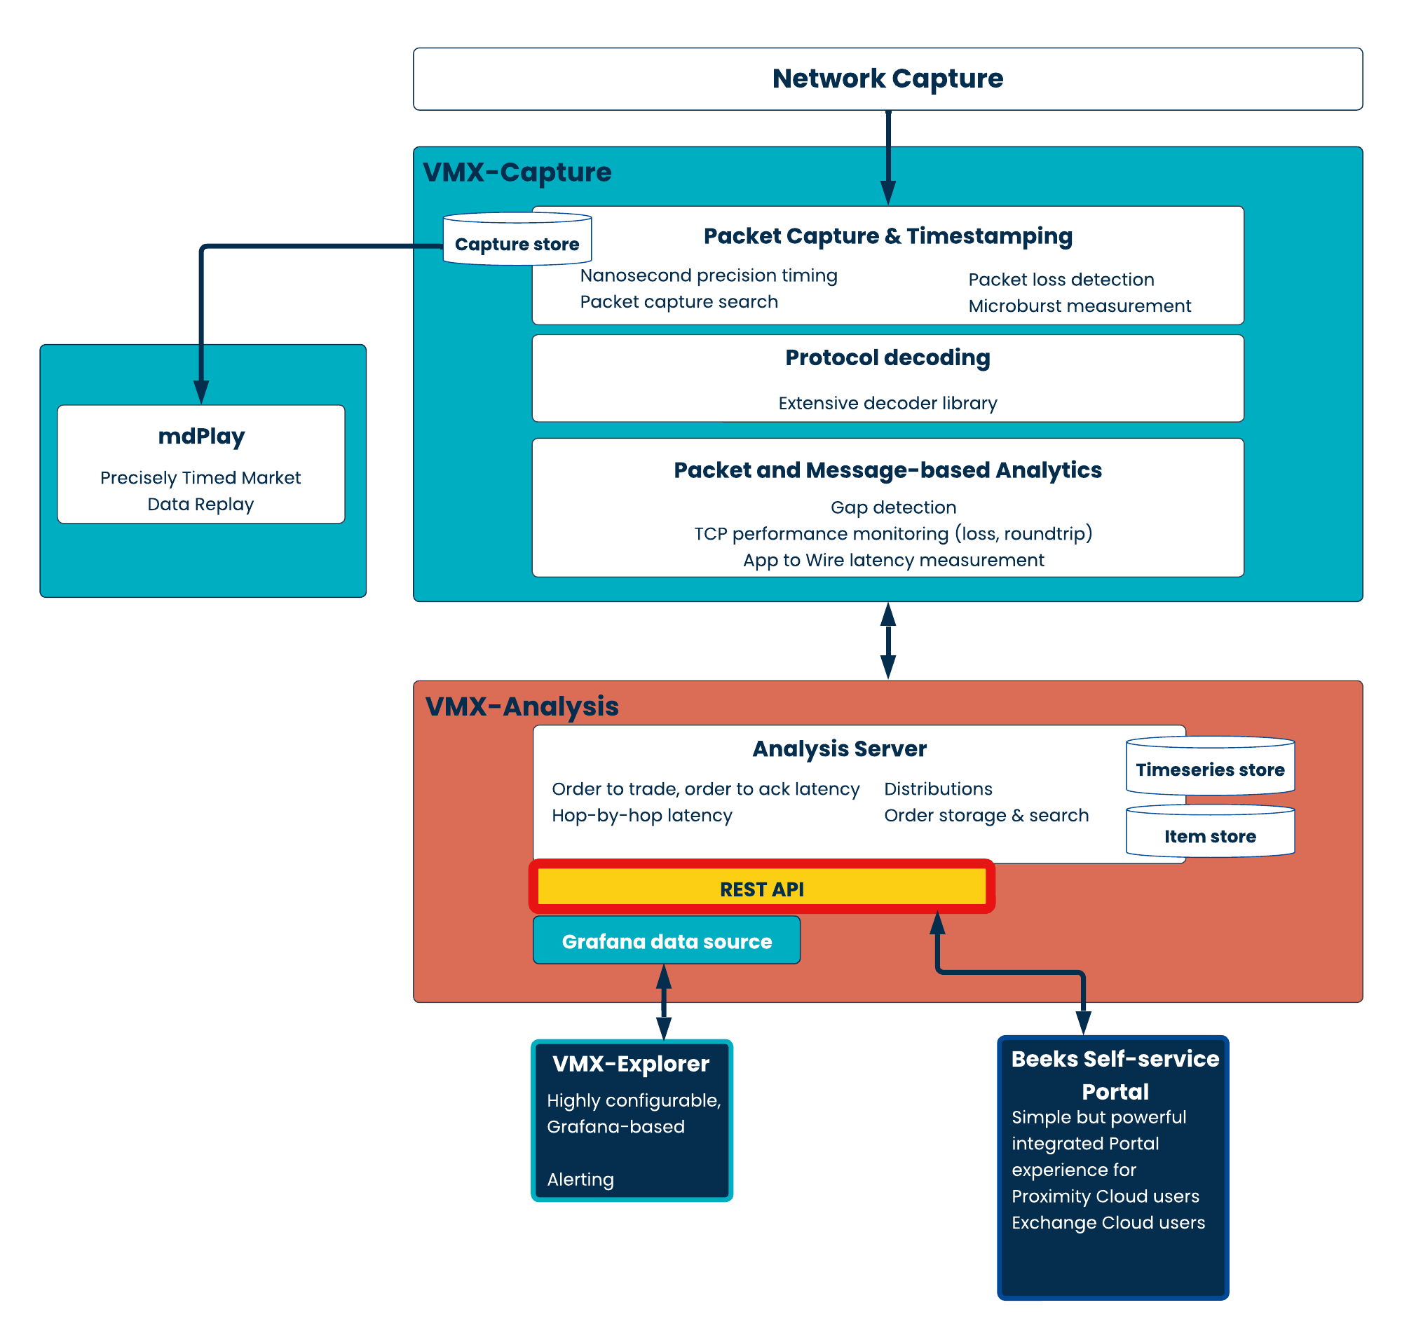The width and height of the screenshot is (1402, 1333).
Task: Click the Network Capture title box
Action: click(887, 79)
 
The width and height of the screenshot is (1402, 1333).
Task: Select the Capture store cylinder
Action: click(517, 239)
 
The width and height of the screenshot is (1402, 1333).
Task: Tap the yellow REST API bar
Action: click(762, 887)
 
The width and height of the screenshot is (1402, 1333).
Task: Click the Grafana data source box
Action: click(667, 940)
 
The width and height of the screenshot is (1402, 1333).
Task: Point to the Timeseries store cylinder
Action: click(1210, 766)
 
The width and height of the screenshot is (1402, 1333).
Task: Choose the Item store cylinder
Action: click(1210, 830)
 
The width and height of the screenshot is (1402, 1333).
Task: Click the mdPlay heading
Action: click(202, 437)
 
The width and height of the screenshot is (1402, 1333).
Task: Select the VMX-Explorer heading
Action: click(631, 1064)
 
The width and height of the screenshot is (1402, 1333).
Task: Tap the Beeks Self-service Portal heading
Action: click(1115, 1075)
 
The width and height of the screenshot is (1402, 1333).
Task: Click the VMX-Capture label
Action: click(517, 172)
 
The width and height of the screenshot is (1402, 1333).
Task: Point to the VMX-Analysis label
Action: click(522, 706)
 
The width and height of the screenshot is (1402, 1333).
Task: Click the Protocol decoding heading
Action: click(887, 357)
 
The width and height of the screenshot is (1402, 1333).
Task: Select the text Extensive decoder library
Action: click(887, 403)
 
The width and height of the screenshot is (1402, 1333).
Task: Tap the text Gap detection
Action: click(893, 507)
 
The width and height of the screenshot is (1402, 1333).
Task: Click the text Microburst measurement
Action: click(1080, 306)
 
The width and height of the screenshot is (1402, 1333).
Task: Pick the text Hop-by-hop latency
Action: click(641, 815)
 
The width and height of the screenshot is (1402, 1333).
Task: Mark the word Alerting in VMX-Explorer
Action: click(580, 1180)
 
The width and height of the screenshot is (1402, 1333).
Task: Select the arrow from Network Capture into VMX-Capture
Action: click(888, 158)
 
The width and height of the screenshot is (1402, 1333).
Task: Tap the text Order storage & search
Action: click(986, 815)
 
